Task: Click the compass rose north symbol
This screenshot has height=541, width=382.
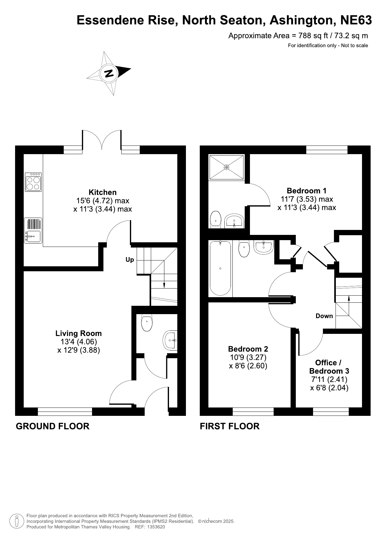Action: click(x=109, y=73)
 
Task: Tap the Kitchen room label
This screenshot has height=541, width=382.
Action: click(x=103, y=192)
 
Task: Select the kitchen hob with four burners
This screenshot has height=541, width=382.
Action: click(x=33, y=182)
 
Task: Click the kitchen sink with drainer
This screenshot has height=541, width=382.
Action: click(x=33, y=231)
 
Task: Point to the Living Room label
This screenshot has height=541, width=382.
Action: click(x=78, y=333)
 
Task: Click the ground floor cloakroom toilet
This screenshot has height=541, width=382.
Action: click(x=147, y=323)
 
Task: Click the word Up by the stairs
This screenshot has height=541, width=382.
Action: click(x=130, y=260)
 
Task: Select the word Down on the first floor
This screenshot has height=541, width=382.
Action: click(x=324, y=316)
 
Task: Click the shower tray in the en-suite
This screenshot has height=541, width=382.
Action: click(x=227, y=167)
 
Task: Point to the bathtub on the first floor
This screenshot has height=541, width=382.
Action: click(x=220, y=268)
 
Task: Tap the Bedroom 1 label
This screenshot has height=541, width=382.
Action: click(x=307, y=191)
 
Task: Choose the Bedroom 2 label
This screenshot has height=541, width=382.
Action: click(x=248, y=349)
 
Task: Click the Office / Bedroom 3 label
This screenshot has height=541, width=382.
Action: click(x=329, y=367)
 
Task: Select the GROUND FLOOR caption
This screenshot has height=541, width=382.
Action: click(x=53, y=426)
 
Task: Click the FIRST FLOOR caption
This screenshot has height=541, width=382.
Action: click(x=230, y=426)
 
